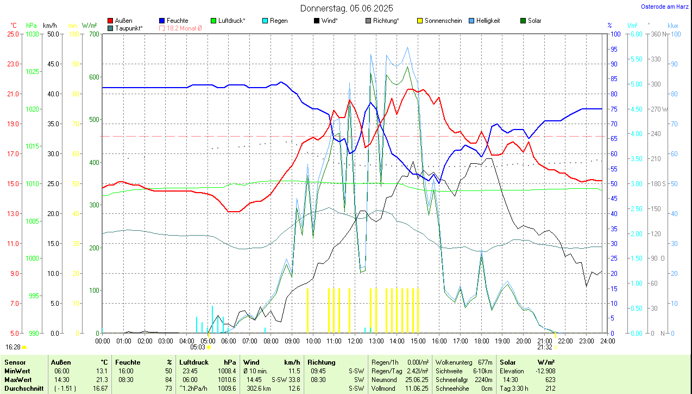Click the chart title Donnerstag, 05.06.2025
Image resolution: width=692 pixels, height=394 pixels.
click(x=347, y=8)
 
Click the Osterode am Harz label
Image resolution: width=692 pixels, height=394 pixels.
click(x=664, y=7)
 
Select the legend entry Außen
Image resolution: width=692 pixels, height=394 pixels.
click(x=123, y=21)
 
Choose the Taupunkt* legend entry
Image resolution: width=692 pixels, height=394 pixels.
click(x=129, y=28)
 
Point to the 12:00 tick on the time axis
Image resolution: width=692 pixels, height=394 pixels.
click(x=355, y=341)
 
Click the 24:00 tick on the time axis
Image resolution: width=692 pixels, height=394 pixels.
click(x=607, y=341)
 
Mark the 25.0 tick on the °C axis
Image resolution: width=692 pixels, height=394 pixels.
click(x=14, y=34)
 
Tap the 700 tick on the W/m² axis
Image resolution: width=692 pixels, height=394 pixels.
click(x=94, y=34)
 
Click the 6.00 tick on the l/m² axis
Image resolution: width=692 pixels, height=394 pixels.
click(x=635, y=34)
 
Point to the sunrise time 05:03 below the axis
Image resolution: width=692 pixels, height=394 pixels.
click(x=197, y=347)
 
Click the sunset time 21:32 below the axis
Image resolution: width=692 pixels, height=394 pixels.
click(x=545, y=347)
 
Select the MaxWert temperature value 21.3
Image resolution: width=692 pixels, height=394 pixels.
click(x=101, y=379)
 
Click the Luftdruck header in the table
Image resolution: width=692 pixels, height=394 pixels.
click(x=194, y=362)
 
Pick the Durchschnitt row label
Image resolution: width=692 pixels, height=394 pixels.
click(x=24, y=389)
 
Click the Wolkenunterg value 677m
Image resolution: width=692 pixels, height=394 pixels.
click(x=485, y=362)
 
